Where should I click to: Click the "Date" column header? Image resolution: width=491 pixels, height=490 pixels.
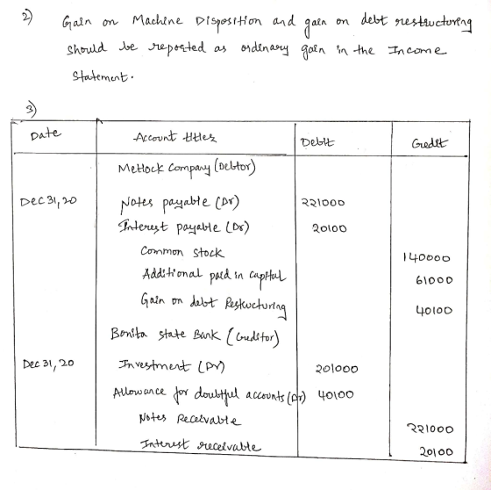pos(46,134)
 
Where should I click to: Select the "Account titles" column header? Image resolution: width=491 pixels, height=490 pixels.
pos(175,137)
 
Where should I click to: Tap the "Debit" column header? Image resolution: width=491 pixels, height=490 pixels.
pos(317,142)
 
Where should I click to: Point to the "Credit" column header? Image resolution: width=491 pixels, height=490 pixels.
pos(430,143)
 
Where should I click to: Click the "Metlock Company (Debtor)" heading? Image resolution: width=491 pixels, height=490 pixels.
pos(187,168)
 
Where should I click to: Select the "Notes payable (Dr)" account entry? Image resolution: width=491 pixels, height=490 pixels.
pos(180,203)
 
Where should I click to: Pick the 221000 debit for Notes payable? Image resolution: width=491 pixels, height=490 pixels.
pos(323,202)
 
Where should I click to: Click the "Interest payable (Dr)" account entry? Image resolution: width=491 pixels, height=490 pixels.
pos(183,227)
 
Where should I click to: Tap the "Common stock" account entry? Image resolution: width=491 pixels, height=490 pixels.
pos(182,252)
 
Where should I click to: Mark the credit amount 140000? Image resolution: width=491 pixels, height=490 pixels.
pos(426,258)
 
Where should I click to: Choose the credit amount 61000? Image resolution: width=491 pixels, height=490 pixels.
pos(434,280)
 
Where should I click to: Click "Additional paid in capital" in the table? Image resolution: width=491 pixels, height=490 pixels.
pos(214,276)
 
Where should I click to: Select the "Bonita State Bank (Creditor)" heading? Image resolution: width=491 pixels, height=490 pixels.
pos(195,335)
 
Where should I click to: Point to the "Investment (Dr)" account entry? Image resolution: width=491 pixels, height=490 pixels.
pos(172,366)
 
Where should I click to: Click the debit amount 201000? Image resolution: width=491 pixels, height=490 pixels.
pos(337,369)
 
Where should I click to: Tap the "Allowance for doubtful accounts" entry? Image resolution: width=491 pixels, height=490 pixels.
pos(210,394)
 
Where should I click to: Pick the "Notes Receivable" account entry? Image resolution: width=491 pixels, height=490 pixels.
pos(190,419)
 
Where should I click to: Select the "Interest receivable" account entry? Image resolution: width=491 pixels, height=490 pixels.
pos(200,445)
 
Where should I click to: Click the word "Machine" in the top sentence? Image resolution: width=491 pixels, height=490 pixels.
pos(157,21)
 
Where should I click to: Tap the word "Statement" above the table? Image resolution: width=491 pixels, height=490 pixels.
pos(100,76)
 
